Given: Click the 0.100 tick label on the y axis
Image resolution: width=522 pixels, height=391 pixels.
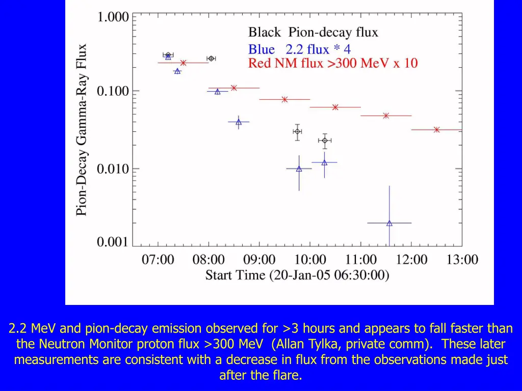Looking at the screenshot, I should (x=113, y=92).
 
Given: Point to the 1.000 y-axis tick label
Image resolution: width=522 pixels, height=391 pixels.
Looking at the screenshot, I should (x=113, y=17).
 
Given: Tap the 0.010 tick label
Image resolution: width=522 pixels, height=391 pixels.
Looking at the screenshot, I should (x=113, y=169).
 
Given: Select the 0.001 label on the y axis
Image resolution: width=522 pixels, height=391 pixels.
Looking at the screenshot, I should (x=113, y=243).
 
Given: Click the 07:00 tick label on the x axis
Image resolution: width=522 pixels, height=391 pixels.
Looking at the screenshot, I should (x=158, y=260).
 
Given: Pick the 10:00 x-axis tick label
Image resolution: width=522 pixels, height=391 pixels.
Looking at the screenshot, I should (x=310, y=260).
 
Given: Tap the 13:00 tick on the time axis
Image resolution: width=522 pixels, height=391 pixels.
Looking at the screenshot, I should (x=462, y=260).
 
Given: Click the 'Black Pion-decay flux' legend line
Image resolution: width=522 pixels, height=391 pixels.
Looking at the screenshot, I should (x=313, y=33).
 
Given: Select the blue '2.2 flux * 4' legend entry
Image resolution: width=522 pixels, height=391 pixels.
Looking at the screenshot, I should (x=299, y=49).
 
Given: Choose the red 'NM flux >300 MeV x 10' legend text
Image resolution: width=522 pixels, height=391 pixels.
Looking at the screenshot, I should (x=333, y=64).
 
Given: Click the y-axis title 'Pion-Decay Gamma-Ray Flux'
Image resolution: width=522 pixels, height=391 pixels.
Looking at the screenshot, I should (x=82, y=130).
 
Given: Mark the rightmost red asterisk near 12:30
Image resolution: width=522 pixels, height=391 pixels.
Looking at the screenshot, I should (x=437, y=130).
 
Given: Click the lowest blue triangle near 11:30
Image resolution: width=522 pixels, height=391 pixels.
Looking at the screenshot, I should (x=389, y=223).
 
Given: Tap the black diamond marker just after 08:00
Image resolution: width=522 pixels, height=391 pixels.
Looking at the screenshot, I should (x=211, y=59).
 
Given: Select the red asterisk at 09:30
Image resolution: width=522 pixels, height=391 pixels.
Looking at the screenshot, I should (x=284, y=99).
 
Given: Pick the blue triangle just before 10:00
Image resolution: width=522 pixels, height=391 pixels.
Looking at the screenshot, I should (x=299, y=169).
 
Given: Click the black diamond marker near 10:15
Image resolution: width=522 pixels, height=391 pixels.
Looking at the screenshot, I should (x=325, y=140).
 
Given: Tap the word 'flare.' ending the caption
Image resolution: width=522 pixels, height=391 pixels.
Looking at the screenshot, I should (x=286, y=376).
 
